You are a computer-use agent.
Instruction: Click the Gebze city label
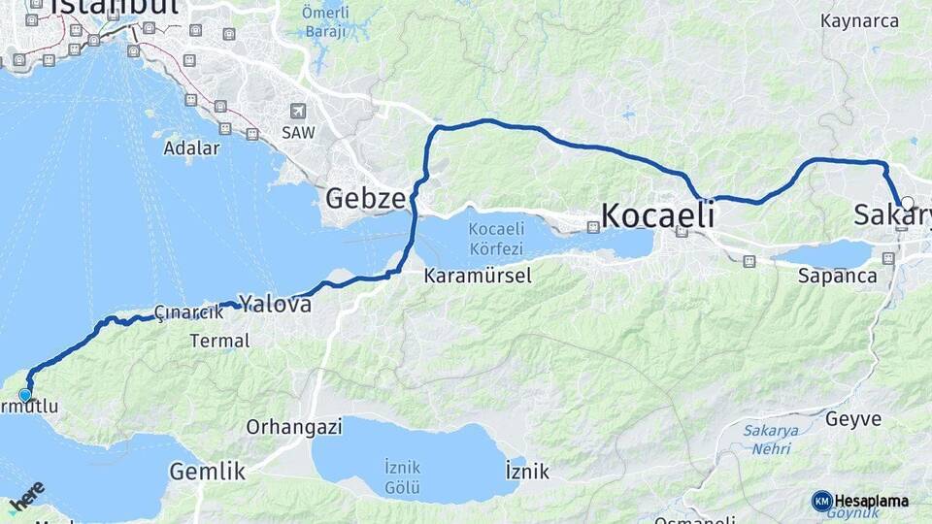[365, 200]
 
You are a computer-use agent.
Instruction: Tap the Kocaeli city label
[657, 214]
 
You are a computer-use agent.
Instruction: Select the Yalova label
[277, 305]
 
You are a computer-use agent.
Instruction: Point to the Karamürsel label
[478, 276]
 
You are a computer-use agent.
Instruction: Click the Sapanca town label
[837, 275]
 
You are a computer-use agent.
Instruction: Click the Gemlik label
[207, 473]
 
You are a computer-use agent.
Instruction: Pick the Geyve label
[853, 419]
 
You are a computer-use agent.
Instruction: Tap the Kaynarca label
[858, 20]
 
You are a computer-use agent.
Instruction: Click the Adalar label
[191, 148]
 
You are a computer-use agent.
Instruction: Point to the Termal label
[219, 341]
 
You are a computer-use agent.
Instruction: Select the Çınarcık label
[183, 312]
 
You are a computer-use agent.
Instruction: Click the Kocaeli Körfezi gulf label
[496, 237]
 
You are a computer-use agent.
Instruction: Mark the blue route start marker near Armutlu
[25, 395]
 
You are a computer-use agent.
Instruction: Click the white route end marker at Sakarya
[907, 203]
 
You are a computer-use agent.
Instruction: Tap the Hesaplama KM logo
[860, 501]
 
